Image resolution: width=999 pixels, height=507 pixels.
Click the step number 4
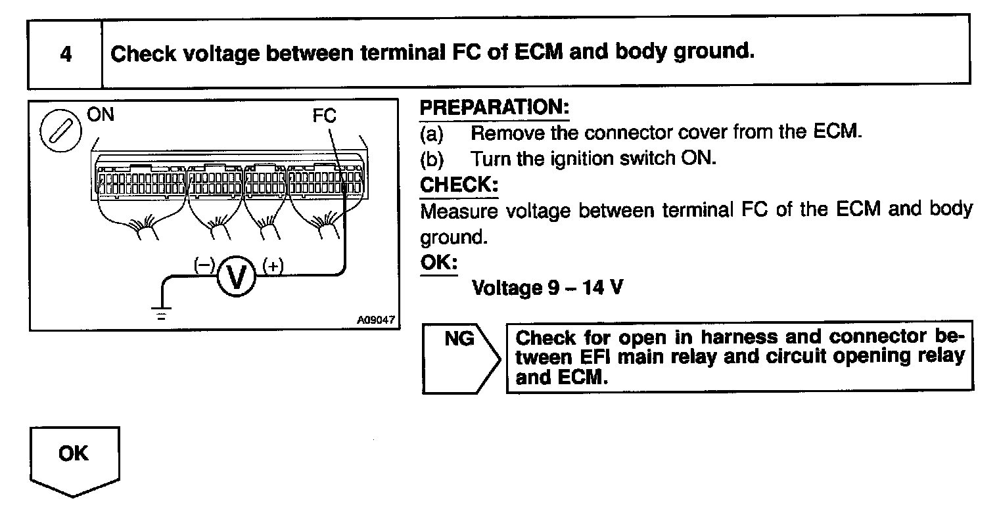click(65, 53)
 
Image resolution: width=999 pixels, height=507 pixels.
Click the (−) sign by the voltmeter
click(204, 265)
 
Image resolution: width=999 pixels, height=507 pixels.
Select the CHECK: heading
click(458, 185)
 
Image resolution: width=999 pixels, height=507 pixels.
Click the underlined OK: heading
click(438, 261)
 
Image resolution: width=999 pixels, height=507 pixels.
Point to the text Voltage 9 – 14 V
click(547, 288)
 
